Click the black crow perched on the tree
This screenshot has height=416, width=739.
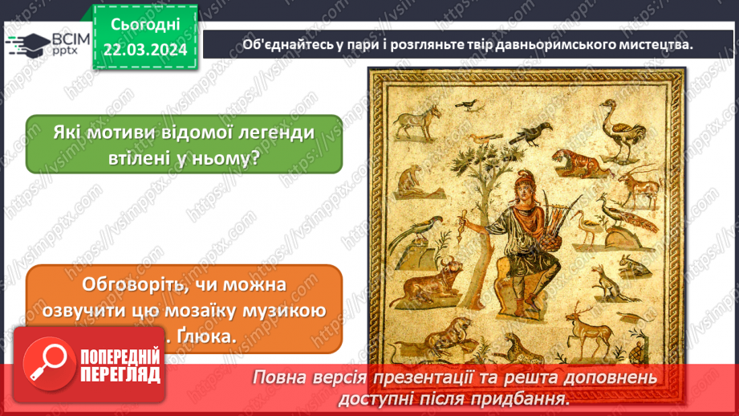coord(529,142)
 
